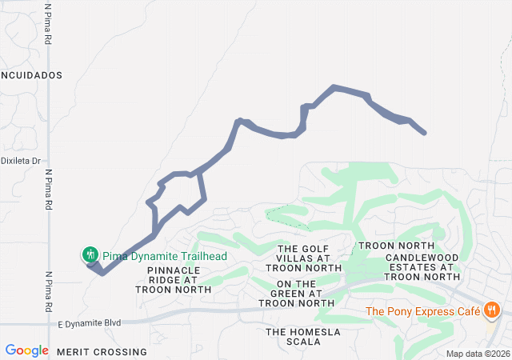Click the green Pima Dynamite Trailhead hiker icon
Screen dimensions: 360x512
click(90, 254)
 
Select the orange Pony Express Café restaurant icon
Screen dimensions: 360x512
click(492, 310)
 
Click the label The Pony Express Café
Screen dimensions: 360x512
click(422, 310)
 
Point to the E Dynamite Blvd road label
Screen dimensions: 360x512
click(90, 323)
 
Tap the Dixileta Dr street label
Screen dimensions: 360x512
click(21, 161)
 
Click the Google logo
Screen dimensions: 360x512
click(26, 350)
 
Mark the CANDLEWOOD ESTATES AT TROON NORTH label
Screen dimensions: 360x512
click(422, 266)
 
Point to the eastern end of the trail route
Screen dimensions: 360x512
click(423, 132)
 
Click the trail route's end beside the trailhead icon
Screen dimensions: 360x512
click(88, 264)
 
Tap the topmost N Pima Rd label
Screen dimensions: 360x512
click(49, 25)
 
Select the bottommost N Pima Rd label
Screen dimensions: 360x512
click(49, 292)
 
